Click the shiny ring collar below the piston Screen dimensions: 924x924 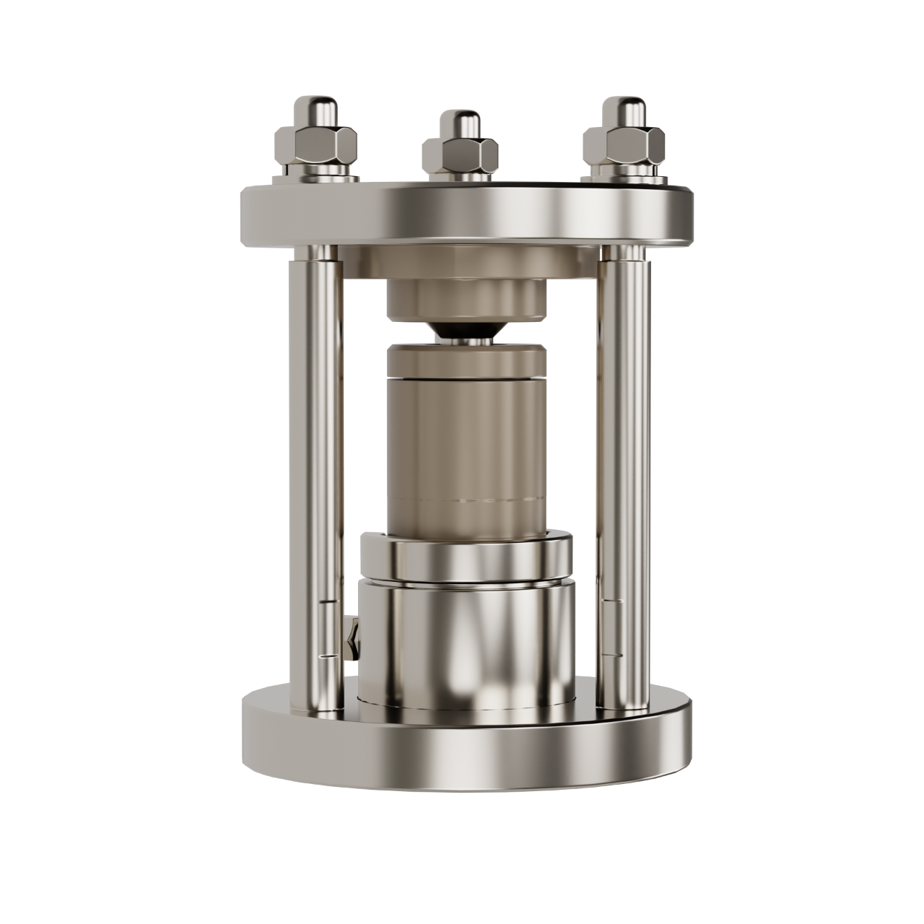[466, 556]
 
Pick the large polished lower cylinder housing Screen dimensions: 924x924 [466, 642]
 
